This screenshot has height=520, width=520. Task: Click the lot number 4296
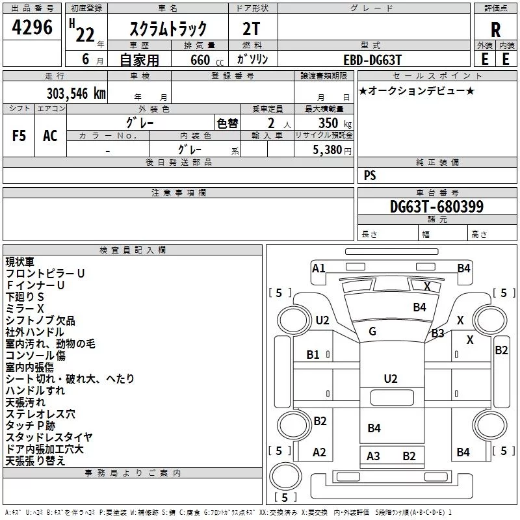point(32,27)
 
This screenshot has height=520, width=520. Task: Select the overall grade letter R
point(495,30)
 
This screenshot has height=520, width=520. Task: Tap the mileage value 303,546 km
point(76,93)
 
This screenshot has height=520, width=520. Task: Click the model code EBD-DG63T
point(372,60)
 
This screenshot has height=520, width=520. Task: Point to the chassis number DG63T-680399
point(437,207)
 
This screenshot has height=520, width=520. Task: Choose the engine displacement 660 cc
point(207,60)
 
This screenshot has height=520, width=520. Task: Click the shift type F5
point(19,136)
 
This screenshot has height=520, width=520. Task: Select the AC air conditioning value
point(50,136)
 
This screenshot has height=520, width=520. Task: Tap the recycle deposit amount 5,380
point(328,149)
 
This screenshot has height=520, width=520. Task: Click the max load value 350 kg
point(335,123)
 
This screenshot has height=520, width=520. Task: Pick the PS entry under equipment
point(370,175)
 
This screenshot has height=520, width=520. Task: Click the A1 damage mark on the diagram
point(318,268)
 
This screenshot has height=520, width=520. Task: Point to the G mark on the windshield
point(372,331)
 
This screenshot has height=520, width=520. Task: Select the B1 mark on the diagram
point(313,354)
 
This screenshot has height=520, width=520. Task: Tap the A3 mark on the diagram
point(373,456)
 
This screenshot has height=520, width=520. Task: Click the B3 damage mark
point(437,333)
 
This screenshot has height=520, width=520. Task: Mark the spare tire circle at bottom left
point(285,476)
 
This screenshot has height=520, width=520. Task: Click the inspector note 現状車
point(19,262)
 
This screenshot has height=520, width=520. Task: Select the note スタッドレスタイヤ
point(49,437)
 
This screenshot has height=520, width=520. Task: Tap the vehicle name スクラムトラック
point(168,29)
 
